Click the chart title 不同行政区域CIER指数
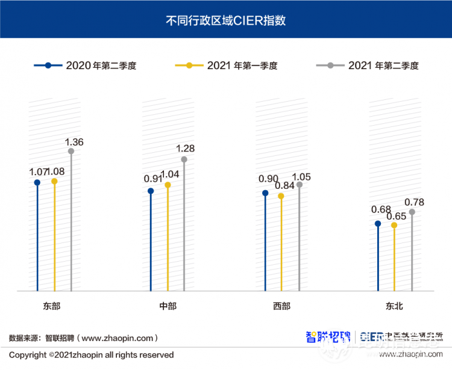pyautogui.click(x=225, y=20)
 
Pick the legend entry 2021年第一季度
pyautogui.click(x=227, y=66)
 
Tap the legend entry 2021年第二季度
pyautogui.click(x=368, y=66)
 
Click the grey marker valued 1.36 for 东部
pyautogui.click(x=71, y=151)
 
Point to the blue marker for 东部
pyautogui.click(x=37, y=182)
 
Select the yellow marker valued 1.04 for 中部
pyautogui.click(x=168, y=185)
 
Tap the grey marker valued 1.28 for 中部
pyautogui.click(x=184, y=159)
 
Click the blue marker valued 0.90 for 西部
pyautogui.click(x=265, y=193)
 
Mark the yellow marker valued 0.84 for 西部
pyautogui.click(x=281, y=196)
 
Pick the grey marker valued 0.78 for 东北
pyautogui.click(x=412, y=212)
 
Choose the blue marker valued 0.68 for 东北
pyautogui.click(x=378, y=223)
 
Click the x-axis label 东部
pyautogui.click(x=52, y=306)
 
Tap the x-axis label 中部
pyautogui.click(x=168, y=306)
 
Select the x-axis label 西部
pyautogui.click(x=281, y=306)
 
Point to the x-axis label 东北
pyautogui.click(x=395, y=306)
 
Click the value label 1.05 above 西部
pyautogui.click(x=301, y=176)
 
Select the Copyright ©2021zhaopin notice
pyautogui.click(x=92, y=355)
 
